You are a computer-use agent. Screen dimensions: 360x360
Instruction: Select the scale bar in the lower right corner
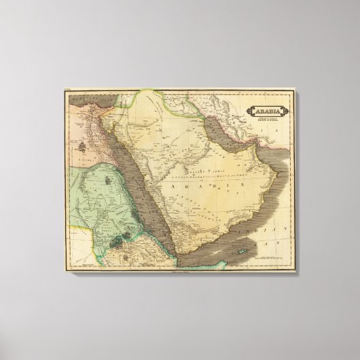click(x=268, y=258)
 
